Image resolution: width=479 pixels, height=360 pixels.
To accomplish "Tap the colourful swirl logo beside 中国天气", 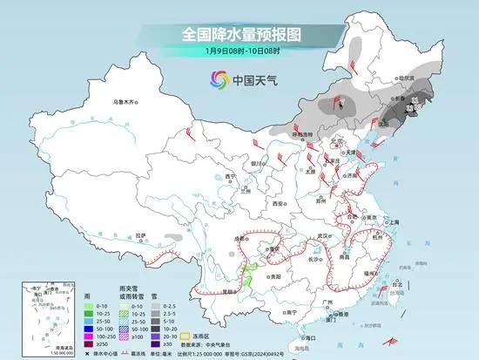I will pyautogui.click(x=216, y=81).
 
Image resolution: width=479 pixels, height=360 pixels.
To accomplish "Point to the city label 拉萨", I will pyautogui.click(x=141, y=234).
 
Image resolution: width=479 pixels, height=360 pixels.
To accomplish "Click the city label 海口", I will pyautogui.click(x=306, y=336).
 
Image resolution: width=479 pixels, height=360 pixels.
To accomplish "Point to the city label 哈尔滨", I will pyautogui.click(x=405, y=78).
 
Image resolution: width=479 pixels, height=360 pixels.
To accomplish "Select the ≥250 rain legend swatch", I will pyautogui.click(x=90, y=343).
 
